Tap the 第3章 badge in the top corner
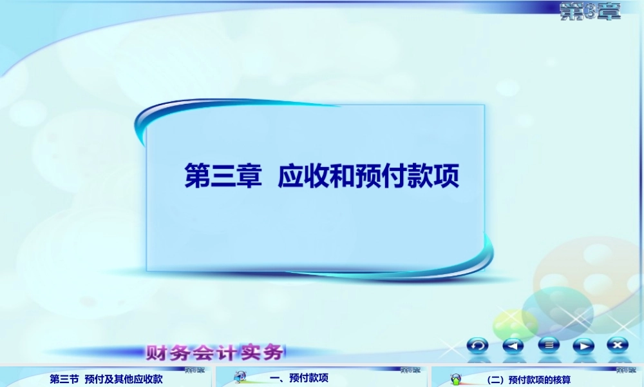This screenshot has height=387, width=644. [590, 11]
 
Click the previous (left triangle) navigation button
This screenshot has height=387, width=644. [513, 346]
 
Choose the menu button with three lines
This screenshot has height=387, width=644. [549, 346]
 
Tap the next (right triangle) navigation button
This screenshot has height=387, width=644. [583, 346]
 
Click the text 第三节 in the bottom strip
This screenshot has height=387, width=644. [64, 379]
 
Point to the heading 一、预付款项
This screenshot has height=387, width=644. [299, 379]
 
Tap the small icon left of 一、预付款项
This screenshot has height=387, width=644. [240, 377]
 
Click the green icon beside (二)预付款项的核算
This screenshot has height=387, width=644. [456, 379]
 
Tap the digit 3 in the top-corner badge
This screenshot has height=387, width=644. [590, 11]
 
